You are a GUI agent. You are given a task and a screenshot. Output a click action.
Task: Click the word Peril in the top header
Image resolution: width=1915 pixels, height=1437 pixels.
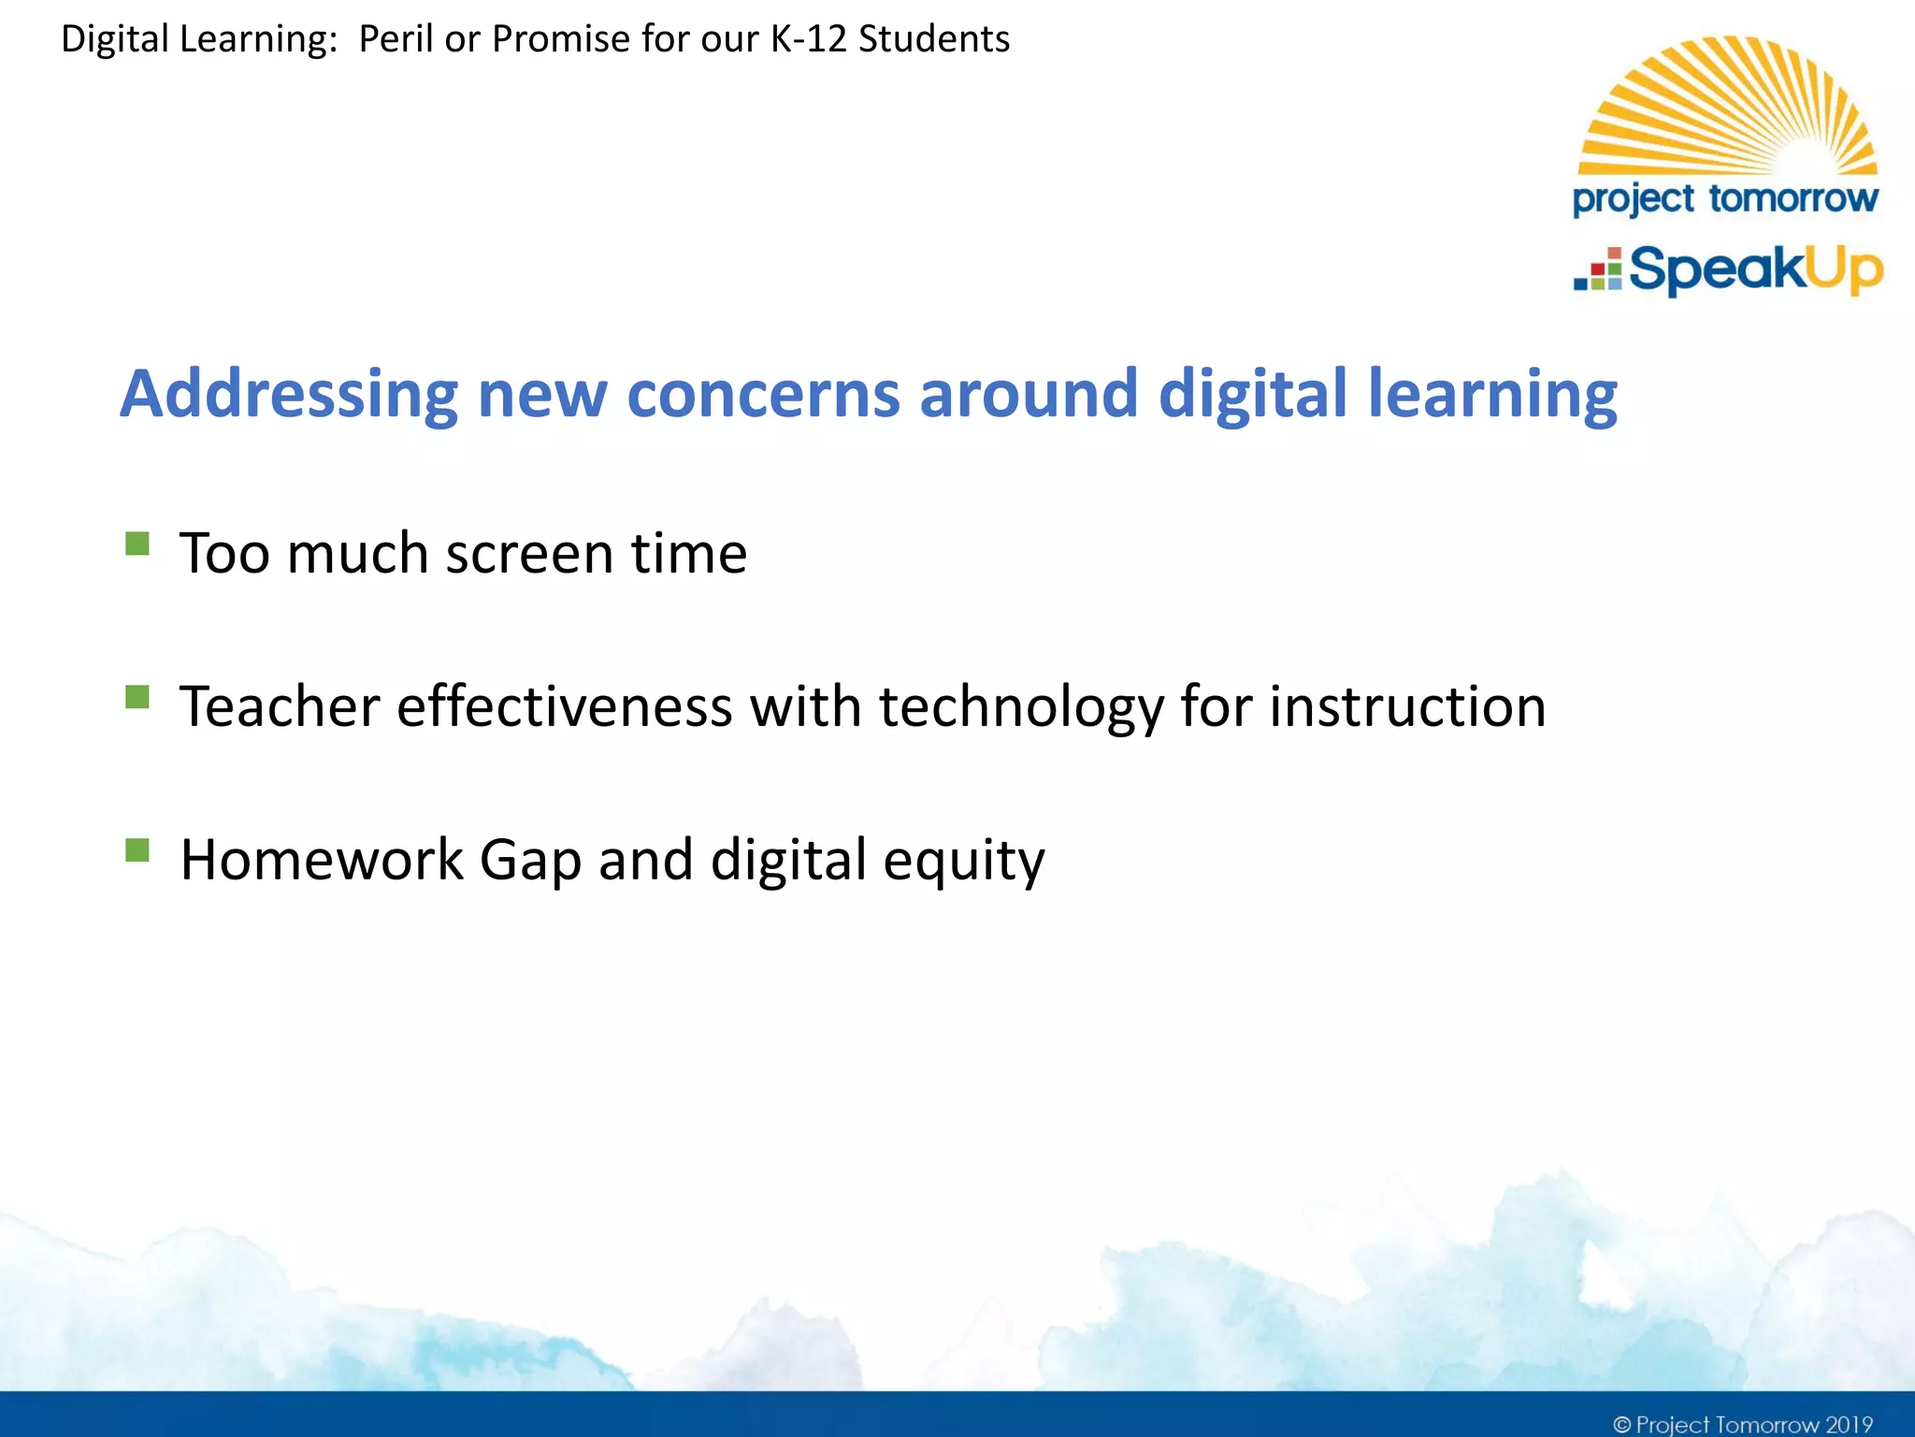[395, 39]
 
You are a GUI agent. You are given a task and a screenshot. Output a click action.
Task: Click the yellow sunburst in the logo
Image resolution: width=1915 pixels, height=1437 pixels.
[1727, 108]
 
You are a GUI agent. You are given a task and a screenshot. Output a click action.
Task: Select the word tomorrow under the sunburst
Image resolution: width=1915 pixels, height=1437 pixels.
[1793, 198]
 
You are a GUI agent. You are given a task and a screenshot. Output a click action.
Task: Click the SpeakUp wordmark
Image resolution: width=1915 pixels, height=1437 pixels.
[1755, 271]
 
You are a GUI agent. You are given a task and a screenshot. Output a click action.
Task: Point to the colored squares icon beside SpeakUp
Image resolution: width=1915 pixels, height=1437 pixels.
[1598, 270]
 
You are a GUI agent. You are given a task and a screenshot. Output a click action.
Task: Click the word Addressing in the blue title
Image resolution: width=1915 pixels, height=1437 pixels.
[288, 394]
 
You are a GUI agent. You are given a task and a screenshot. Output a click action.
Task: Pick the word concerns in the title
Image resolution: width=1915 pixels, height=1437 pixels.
[762, 394]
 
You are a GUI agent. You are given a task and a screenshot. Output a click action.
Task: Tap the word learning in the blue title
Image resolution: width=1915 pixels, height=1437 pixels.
[1491, 394]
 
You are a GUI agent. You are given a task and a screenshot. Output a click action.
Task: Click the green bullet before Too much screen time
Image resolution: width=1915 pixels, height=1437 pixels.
[137, 544]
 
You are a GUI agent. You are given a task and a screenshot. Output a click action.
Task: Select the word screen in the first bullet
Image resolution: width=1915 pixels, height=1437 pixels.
[528, 553]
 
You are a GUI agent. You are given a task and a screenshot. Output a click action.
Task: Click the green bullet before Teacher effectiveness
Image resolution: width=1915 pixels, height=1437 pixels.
[137, 697]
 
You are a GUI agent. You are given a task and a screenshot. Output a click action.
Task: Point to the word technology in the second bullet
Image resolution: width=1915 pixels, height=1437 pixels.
[1020, 706]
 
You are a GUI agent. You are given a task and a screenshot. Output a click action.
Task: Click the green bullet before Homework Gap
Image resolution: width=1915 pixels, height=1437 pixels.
[137, 849]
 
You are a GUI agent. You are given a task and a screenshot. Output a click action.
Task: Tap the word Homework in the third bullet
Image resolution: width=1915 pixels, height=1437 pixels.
[321, 859]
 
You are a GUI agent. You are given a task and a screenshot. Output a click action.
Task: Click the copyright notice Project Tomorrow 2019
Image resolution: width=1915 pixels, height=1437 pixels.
[1742, 1424]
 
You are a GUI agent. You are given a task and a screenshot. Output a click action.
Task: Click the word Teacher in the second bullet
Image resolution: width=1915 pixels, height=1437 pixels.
[279, 706]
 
